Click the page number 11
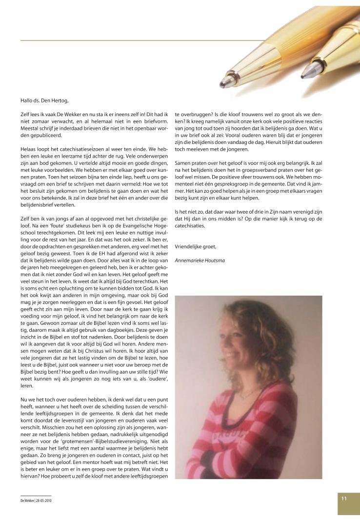(344, 499)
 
